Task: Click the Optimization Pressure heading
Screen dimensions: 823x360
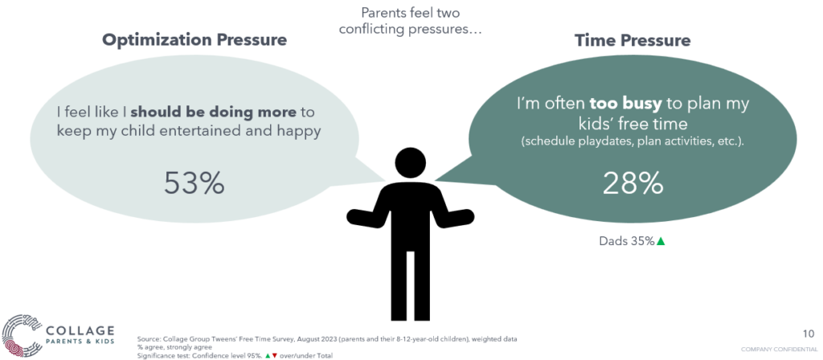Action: tap(194, 40)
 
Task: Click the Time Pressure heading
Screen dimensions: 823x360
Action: tap(633, 40)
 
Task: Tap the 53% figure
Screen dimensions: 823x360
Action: tap(194, 183)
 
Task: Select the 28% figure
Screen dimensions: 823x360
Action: tap(633, 183)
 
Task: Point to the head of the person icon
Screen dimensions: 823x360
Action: tap(411, 164)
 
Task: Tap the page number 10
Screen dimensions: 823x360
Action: tap(809, 333)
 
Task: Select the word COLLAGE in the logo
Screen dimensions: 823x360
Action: tap(80, 331)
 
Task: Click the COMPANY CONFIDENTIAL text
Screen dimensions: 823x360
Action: tap(778, 349)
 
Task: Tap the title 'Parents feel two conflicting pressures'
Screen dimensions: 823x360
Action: tap(411, 20)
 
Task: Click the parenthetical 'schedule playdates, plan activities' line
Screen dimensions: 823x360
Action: tap(633, 143)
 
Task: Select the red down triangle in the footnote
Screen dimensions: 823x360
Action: tap(275, 355)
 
